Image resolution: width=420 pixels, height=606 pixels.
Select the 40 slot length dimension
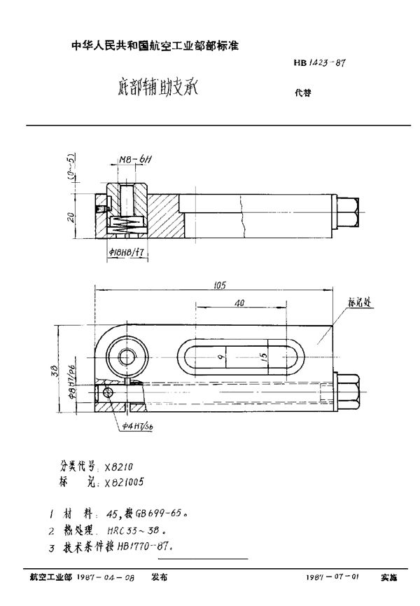241,304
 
